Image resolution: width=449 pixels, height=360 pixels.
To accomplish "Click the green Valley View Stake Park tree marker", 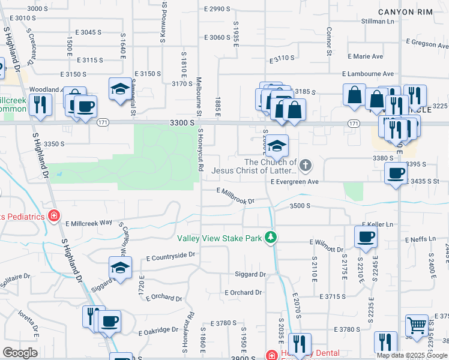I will pos(271,238).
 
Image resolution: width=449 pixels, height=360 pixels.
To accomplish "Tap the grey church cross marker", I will pos(306,165).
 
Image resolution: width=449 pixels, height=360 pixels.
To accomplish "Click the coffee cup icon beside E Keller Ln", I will pos(366,236).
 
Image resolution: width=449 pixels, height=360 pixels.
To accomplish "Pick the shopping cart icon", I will pos(417,326).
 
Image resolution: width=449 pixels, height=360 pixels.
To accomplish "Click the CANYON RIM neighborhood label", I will pos(406,12).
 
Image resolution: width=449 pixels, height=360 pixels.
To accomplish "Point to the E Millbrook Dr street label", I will pos(236,196).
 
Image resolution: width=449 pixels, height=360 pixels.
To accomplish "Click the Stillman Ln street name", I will pos(378,21).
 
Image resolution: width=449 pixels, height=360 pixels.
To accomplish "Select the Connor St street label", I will pos(329,41).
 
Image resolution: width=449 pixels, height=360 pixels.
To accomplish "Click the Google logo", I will pos(20,353).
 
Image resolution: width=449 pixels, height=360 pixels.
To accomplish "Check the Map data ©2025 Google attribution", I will pos(411,355).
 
